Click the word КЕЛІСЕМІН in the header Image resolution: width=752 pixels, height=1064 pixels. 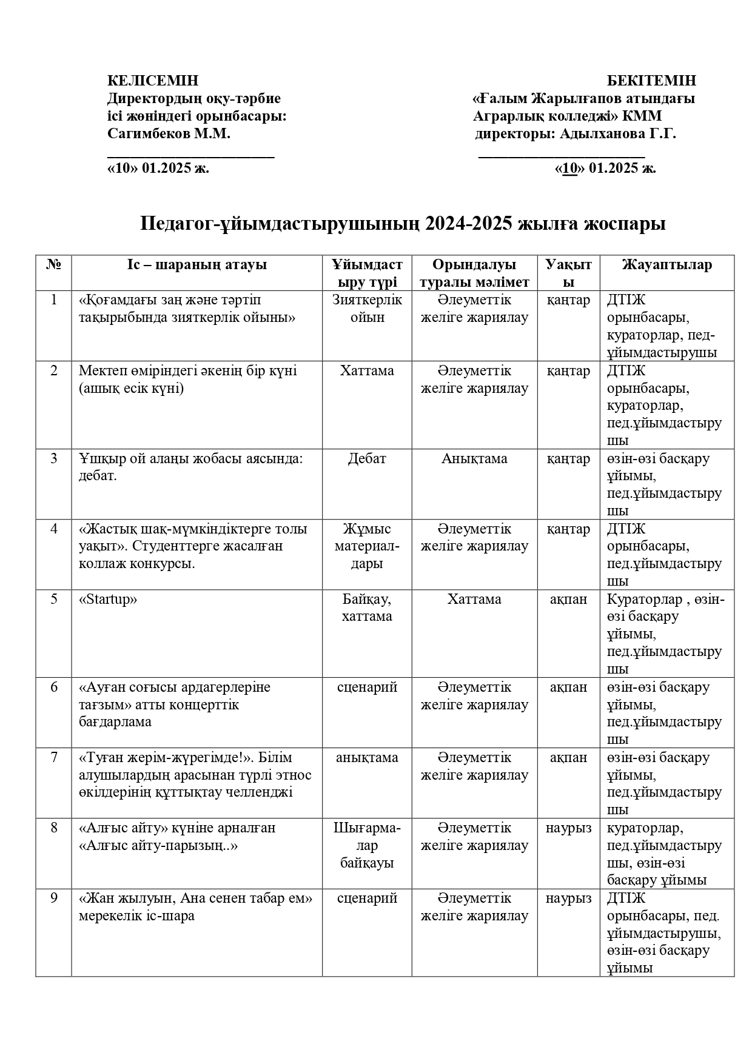coord(152,81)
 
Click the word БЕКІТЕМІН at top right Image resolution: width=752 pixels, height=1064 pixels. coord(651,81)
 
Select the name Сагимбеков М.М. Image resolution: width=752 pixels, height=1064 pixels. coord(169,133)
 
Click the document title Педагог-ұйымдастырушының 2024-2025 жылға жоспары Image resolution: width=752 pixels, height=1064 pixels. coord(403,223)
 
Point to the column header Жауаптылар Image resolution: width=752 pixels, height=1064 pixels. coord(666,264)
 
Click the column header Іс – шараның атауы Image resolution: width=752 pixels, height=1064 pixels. coord(196,264)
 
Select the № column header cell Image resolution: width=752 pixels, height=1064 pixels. coord(54,264)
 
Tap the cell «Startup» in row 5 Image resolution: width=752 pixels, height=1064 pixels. coord(108,599)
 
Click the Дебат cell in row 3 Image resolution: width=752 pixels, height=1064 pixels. coord(367,458)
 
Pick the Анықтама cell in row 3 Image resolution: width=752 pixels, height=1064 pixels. coord(474,458)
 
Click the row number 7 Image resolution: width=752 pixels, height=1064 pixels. coord(54,757)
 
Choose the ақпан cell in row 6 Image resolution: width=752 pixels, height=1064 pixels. coord(568,687)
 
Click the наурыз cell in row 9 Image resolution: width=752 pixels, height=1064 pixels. coord(568,898)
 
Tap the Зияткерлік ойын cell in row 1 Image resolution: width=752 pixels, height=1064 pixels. coord(367,309)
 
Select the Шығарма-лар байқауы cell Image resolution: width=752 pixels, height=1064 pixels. coord(367,845)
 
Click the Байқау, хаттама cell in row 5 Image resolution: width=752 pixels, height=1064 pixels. coord(367,607)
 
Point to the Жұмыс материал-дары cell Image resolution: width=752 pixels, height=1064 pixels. coord(367,546)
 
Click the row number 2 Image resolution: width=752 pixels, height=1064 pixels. coord(54,370)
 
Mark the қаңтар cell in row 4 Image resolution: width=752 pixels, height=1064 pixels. coord(568,529)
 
